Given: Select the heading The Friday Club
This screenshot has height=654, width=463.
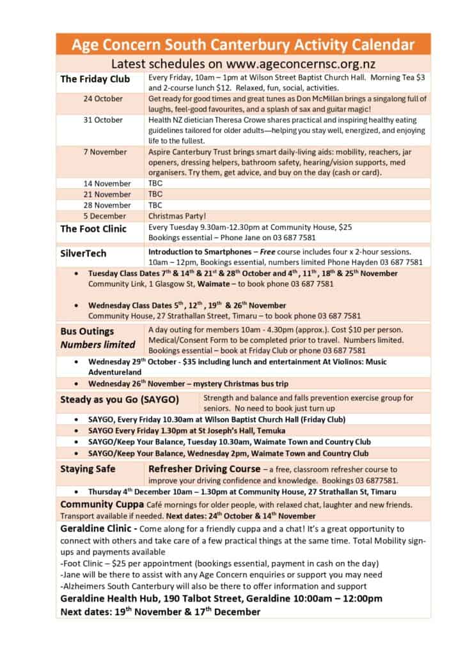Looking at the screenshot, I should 95,79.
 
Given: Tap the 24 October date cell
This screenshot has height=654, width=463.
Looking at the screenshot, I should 103,99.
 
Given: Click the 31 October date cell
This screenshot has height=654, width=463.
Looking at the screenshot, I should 103,119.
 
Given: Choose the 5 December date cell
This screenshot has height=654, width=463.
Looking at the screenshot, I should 105,217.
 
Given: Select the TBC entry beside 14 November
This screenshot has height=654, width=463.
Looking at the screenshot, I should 155,183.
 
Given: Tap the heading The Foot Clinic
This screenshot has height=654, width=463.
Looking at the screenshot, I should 93,229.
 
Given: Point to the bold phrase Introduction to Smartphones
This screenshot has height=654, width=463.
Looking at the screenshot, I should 202,252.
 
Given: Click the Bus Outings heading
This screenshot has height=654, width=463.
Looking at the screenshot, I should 87,331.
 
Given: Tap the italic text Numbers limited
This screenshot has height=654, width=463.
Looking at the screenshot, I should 98,345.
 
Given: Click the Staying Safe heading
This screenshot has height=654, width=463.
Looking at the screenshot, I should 88,469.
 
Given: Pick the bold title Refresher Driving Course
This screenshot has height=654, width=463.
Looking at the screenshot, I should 204,469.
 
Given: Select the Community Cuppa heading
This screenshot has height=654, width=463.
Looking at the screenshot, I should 99,505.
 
